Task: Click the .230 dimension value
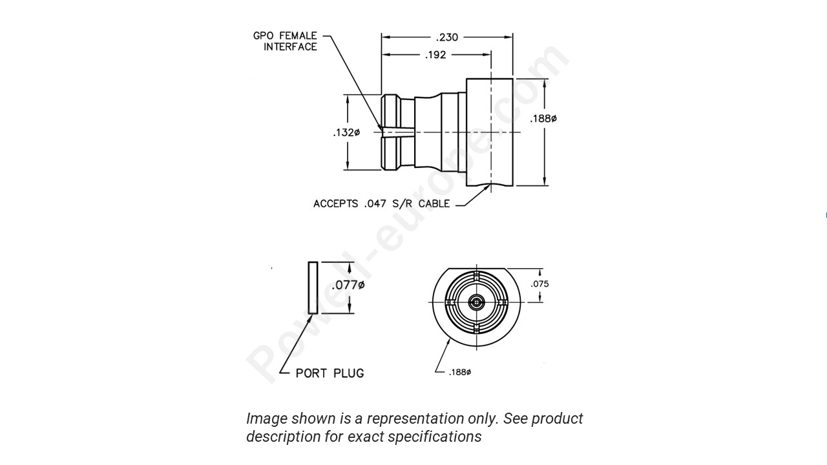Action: point(447,37)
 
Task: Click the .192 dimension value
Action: point(435,55)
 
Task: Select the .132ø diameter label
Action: point(346,132)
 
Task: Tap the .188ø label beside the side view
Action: point(543,118)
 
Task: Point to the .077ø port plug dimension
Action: point(348,285)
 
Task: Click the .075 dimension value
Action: point(539,284)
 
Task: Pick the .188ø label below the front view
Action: point(459,372)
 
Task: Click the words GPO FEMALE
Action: point(285,36)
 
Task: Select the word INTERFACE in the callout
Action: point(290,47)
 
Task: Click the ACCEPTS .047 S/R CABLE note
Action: point(381,203)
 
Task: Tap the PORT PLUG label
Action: point(330,373)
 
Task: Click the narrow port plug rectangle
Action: point(313,287)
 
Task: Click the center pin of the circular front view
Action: point(477,302)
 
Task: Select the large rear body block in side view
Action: point(490,132)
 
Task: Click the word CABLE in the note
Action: point(434,203)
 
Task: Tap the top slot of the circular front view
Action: point(477,276)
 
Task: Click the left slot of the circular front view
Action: point(450,302)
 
